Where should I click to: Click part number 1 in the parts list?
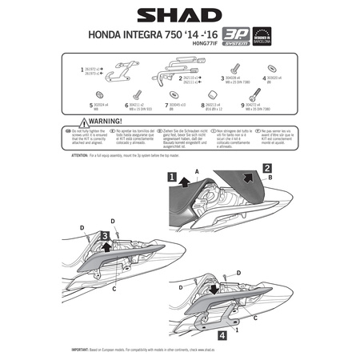[x=83, y=70]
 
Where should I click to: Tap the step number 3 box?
[x=106, y=234]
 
